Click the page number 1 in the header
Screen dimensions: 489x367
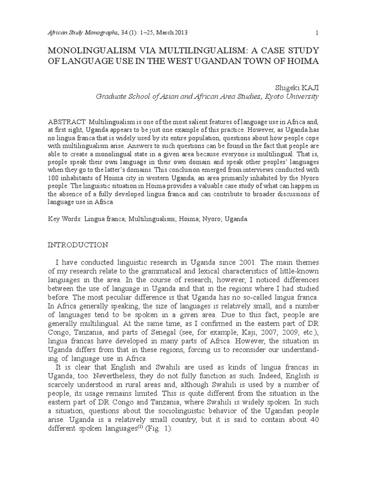click(317, 32)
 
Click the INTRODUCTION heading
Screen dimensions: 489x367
click(78, 244)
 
